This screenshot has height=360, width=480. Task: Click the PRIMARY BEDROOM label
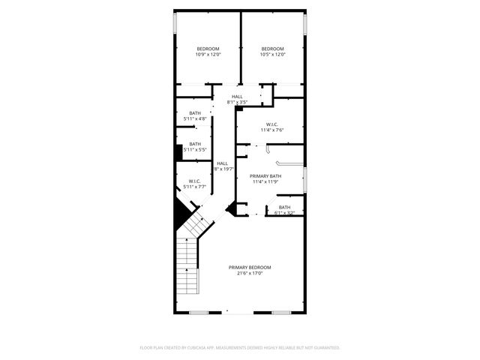pos(250,268)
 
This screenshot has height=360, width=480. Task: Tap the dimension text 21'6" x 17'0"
pos(250,274)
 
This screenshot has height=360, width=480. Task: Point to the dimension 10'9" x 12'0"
pos(208,55)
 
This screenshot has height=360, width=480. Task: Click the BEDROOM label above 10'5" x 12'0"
pos(272,49)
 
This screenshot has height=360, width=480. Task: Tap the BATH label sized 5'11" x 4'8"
pos(195,113)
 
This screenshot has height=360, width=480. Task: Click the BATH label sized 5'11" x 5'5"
pos(195,144)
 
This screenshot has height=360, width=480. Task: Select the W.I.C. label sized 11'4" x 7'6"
pos(271,124)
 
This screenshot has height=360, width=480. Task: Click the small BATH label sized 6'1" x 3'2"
pos(284,207)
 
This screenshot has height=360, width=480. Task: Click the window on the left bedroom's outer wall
pos(175,23)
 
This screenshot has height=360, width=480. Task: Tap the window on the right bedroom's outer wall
pos(306,23)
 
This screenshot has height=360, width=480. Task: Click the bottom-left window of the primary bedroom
pos(199,312)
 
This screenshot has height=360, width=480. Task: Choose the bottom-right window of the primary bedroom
pos(280,312)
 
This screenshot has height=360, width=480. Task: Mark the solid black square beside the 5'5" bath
pos(178,153)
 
